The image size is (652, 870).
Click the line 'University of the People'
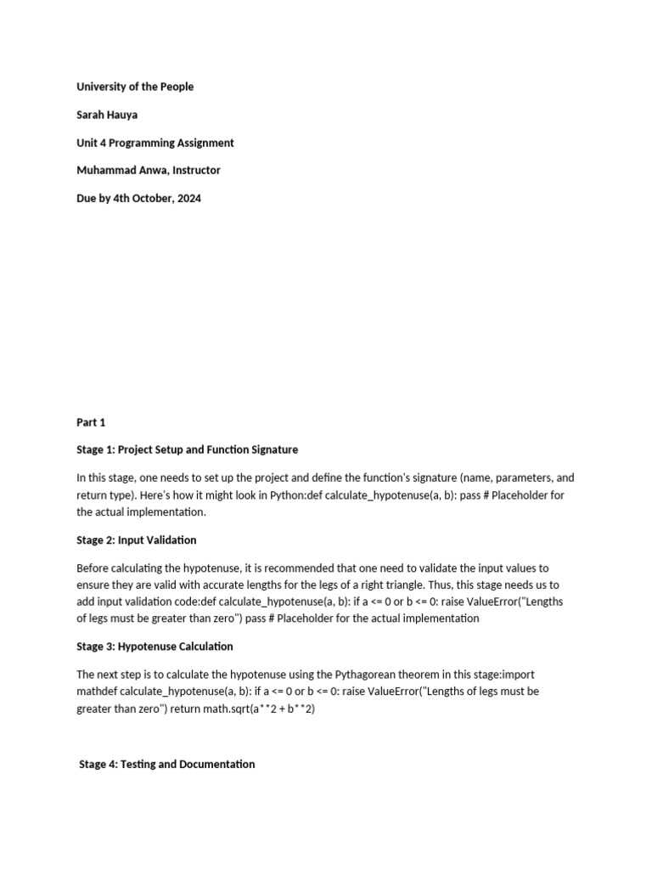[135, 87]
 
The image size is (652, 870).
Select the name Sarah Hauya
[106, 115]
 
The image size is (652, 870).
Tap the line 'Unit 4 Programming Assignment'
[155, 143]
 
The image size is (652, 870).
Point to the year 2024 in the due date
[188, 199]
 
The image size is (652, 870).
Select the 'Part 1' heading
[91, 422]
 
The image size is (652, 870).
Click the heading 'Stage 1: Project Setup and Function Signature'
[187, 449]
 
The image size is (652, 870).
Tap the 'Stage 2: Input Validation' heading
[136, 540]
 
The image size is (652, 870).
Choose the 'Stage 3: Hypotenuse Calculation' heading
[155, 647]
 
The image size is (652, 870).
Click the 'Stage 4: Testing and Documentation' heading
[166, 764]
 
